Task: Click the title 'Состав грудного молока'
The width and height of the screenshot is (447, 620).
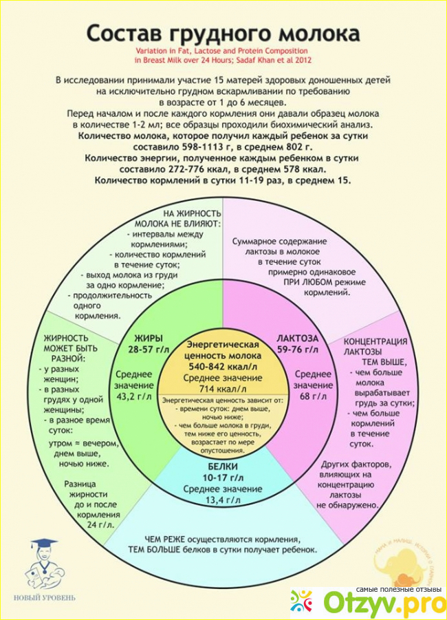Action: tap(223, 34)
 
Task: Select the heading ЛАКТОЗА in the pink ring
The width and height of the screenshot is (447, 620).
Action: tap(298, 339)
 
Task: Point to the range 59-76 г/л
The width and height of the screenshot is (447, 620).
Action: tap(298, 350)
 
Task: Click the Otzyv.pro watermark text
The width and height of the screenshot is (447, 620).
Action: tap(365, 602)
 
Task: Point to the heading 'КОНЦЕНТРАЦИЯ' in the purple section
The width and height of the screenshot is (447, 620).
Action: tap(375, 341)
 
